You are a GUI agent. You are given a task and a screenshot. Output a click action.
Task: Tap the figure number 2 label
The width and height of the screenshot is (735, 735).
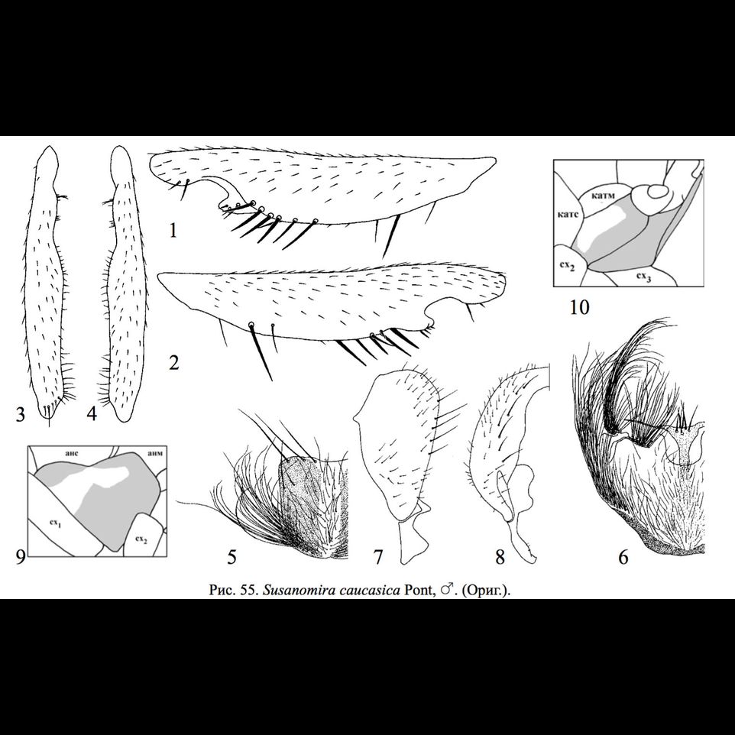(x=173, y=361)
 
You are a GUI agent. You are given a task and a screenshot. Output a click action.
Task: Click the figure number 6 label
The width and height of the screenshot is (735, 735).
(x=623, y=558)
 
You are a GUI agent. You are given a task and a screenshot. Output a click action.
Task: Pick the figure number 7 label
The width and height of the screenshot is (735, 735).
(x=378, y=558)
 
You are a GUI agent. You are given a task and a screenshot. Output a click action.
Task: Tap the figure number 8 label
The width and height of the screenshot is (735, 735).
(x=500, y=558)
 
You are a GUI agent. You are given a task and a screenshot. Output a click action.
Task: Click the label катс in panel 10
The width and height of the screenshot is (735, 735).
(x=569, y=215)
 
